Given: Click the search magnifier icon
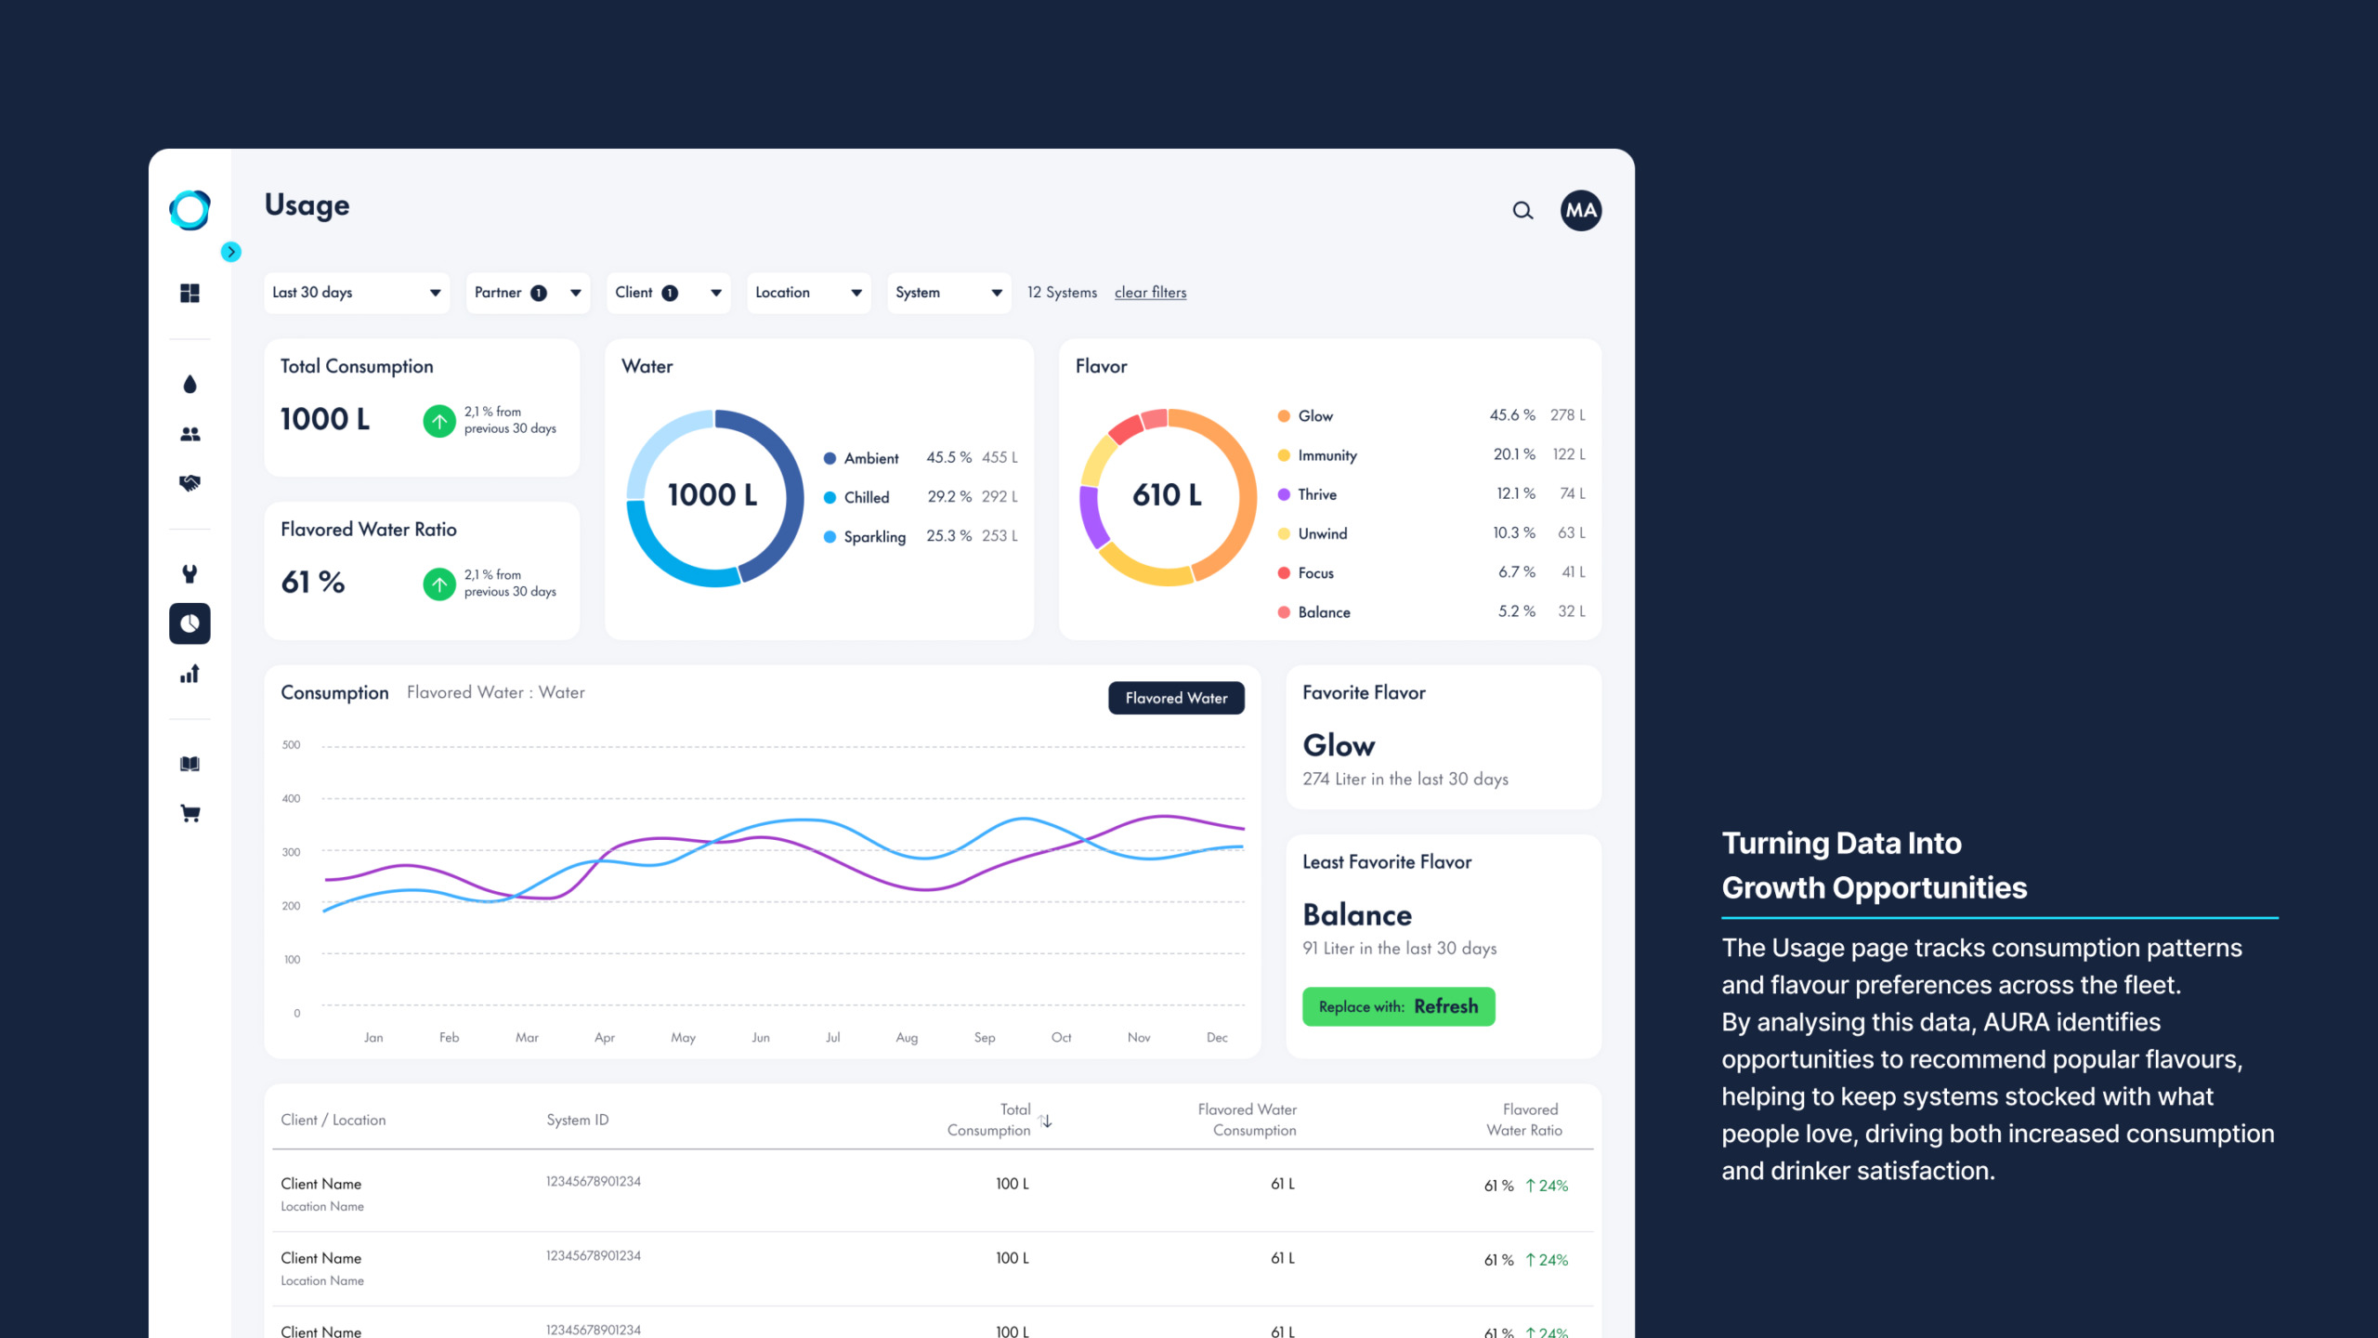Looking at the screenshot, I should (1522, 211).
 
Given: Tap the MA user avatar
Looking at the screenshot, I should (1580, 211).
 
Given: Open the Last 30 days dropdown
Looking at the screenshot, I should (357, 293).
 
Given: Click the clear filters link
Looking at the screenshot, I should (1150, 293).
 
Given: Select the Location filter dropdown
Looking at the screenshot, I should (808, 293).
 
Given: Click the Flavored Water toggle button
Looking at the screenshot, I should (1176, 698).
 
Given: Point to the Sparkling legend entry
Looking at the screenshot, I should (873, 537).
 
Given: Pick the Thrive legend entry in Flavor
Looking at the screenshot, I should (1316, 494).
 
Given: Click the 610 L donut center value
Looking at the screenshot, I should (1167, 495).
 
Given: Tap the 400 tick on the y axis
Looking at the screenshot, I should (292, 798).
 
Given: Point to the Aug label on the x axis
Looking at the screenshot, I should (907, 1038).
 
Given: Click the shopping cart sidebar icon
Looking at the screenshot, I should (190, 814).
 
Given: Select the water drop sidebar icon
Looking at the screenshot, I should (190, 385).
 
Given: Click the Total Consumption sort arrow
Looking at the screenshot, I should (1047, 1122).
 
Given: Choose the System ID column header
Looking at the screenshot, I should (577, 1120).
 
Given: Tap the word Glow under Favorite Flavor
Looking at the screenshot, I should (1339, 745).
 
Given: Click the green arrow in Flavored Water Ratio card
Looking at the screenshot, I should (439, 584).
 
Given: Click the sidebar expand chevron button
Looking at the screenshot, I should (231, 252).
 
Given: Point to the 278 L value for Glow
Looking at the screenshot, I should (1567, 415).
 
